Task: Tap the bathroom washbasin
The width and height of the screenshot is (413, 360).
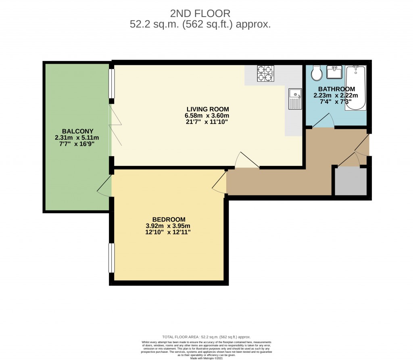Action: (334, 73)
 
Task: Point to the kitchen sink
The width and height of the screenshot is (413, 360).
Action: (296, 99)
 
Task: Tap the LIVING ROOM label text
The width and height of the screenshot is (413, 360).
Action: (207, 109)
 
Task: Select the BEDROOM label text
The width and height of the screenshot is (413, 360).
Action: (168, 219)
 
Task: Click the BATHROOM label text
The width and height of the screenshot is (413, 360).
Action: (336, 89)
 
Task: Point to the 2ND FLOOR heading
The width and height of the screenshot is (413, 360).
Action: (200, 14)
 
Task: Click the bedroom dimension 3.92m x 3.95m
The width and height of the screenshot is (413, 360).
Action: (168, 226)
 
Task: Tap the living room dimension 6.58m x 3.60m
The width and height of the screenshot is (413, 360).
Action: (207, 115)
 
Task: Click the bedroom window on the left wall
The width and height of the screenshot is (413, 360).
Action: (111, 257)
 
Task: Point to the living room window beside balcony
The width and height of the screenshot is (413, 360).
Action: (111, 84)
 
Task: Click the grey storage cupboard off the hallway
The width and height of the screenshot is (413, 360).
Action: (350, 182)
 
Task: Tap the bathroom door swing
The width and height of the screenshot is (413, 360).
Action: (323, 121)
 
